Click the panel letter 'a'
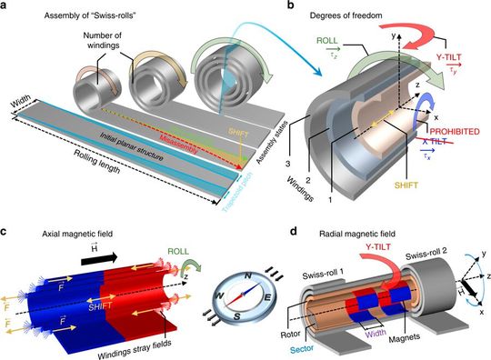7,6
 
